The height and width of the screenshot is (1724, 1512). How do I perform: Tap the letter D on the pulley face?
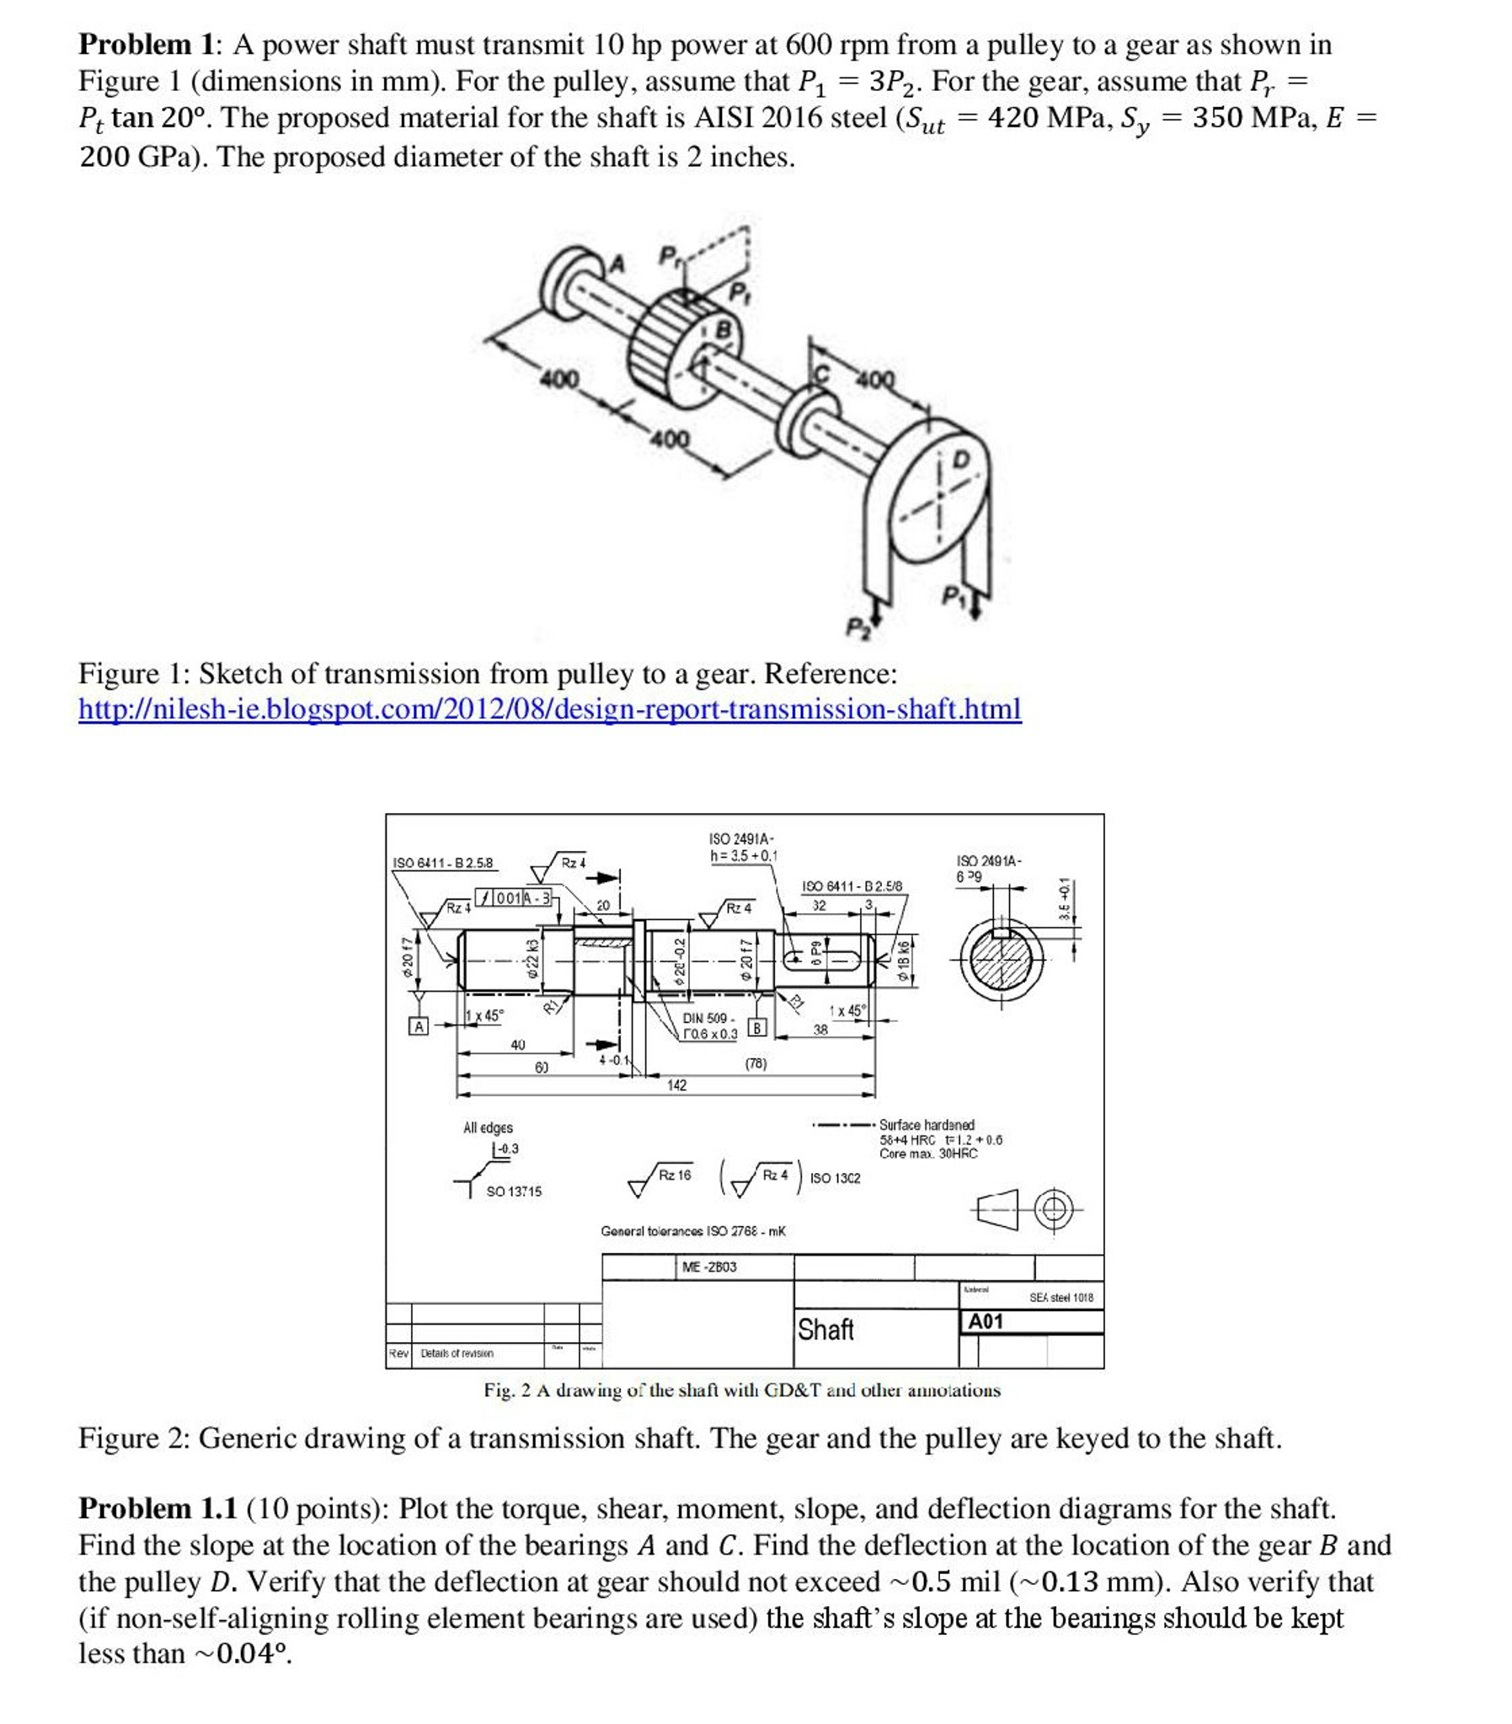click(x=960, y=461)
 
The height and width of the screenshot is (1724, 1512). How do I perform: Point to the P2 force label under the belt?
click(x=858, y=629)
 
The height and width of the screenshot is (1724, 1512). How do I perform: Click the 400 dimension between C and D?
click(x=875, y=380)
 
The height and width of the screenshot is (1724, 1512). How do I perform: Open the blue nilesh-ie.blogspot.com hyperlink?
click(x=550, y=709)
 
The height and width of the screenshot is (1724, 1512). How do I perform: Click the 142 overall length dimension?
click(x=676, y=1085)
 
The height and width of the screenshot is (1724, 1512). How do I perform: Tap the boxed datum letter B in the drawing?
click(x=756, y=1027)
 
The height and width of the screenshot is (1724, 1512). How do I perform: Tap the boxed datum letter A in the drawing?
click(x=418, y=1026)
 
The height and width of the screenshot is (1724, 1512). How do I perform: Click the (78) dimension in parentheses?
click(x=756, y=1063)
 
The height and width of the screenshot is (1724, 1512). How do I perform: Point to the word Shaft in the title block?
click(x=825, y=1330)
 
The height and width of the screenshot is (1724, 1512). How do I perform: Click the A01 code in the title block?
click(x=985, y=1321)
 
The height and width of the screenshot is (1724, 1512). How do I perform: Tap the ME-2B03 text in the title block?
click(x=709, y=1266)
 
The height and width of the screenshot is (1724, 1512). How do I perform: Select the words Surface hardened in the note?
click(x=926, y=1125)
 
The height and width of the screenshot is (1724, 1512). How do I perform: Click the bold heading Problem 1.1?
click(x=158, y=1508)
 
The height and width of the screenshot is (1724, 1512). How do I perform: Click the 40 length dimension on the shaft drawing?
click(x=518, y=1045)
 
